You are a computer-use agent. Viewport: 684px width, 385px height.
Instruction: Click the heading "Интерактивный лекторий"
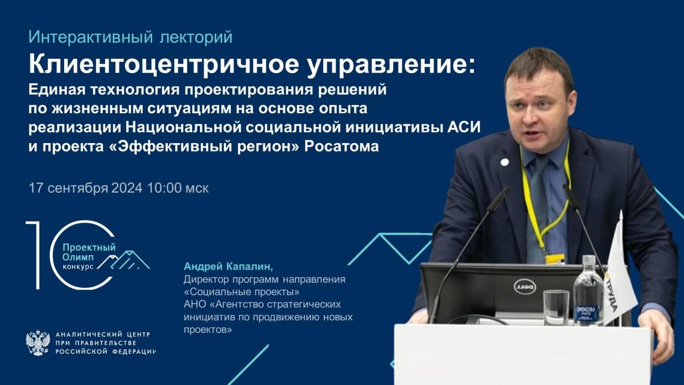pos(130,37)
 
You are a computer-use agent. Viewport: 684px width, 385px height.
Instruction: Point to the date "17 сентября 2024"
pos(85,188)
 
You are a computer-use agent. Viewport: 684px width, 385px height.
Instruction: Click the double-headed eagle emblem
pos(37,343)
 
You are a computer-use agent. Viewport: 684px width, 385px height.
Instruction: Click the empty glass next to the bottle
pos(555,308)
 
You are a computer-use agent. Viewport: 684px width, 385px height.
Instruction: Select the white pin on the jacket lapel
pos(504,162)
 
